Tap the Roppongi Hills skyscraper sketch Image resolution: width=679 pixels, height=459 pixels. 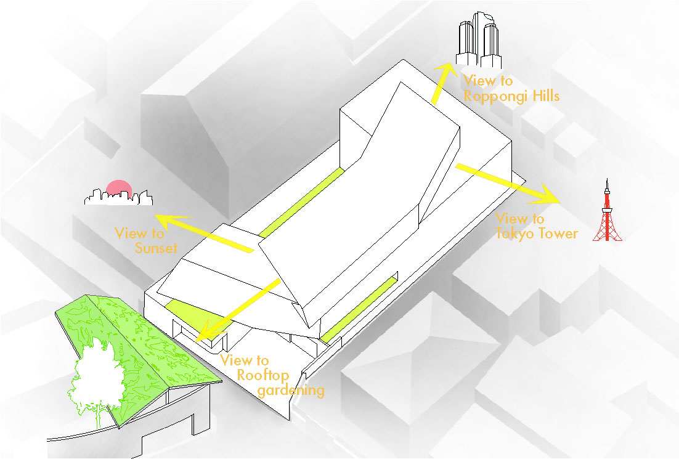[478, 40]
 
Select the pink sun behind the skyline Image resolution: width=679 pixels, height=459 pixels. [119, 188]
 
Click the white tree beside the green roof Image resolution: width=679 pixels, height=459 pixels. [96, 372]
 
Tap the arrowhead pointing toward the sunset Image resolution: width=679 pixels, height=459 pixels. [171, 221]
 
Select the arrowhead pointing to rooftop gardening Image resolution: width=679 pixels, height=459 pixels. [206, 331]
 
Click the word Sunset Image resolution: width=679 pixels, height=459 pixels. [156, 248]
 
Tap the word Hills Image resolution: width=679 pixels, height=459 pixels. [546, 95]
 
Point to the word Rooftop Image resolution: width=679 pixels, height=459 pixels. [263, 375]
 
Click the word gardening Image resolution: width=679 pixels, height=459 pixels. [291, 391]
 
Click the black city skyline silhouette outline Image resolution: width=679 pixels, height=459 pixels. [119, 197]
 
